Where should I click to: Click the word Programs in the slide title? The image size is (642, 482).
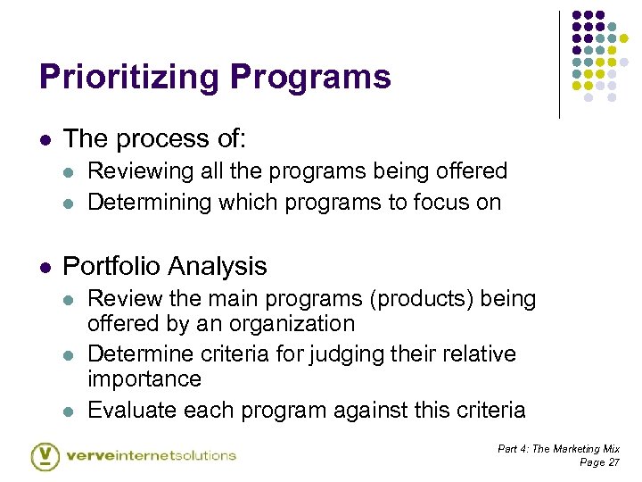pyautogui.click(x=310, y=78)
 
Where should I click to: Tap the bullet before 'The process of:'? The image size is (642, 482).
pyautogui.click(x=45, y=139)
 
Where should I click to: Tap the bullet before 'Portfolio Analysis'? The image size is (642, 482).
pyautogui.click(x=45, y=267)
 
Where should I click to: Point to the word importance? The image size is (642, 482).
pyautogui.click(x=144, y=378)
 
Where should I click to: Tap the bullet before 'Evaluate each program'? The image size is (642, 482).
pyautogui.click(x=70, y=411)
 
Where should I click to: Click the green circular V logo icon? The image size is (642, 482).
pyautogui.click(x=45, y=455)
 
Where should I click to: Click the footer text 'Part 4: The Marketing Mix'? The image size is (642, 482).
pyautogui.click(x=558, y=449)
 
